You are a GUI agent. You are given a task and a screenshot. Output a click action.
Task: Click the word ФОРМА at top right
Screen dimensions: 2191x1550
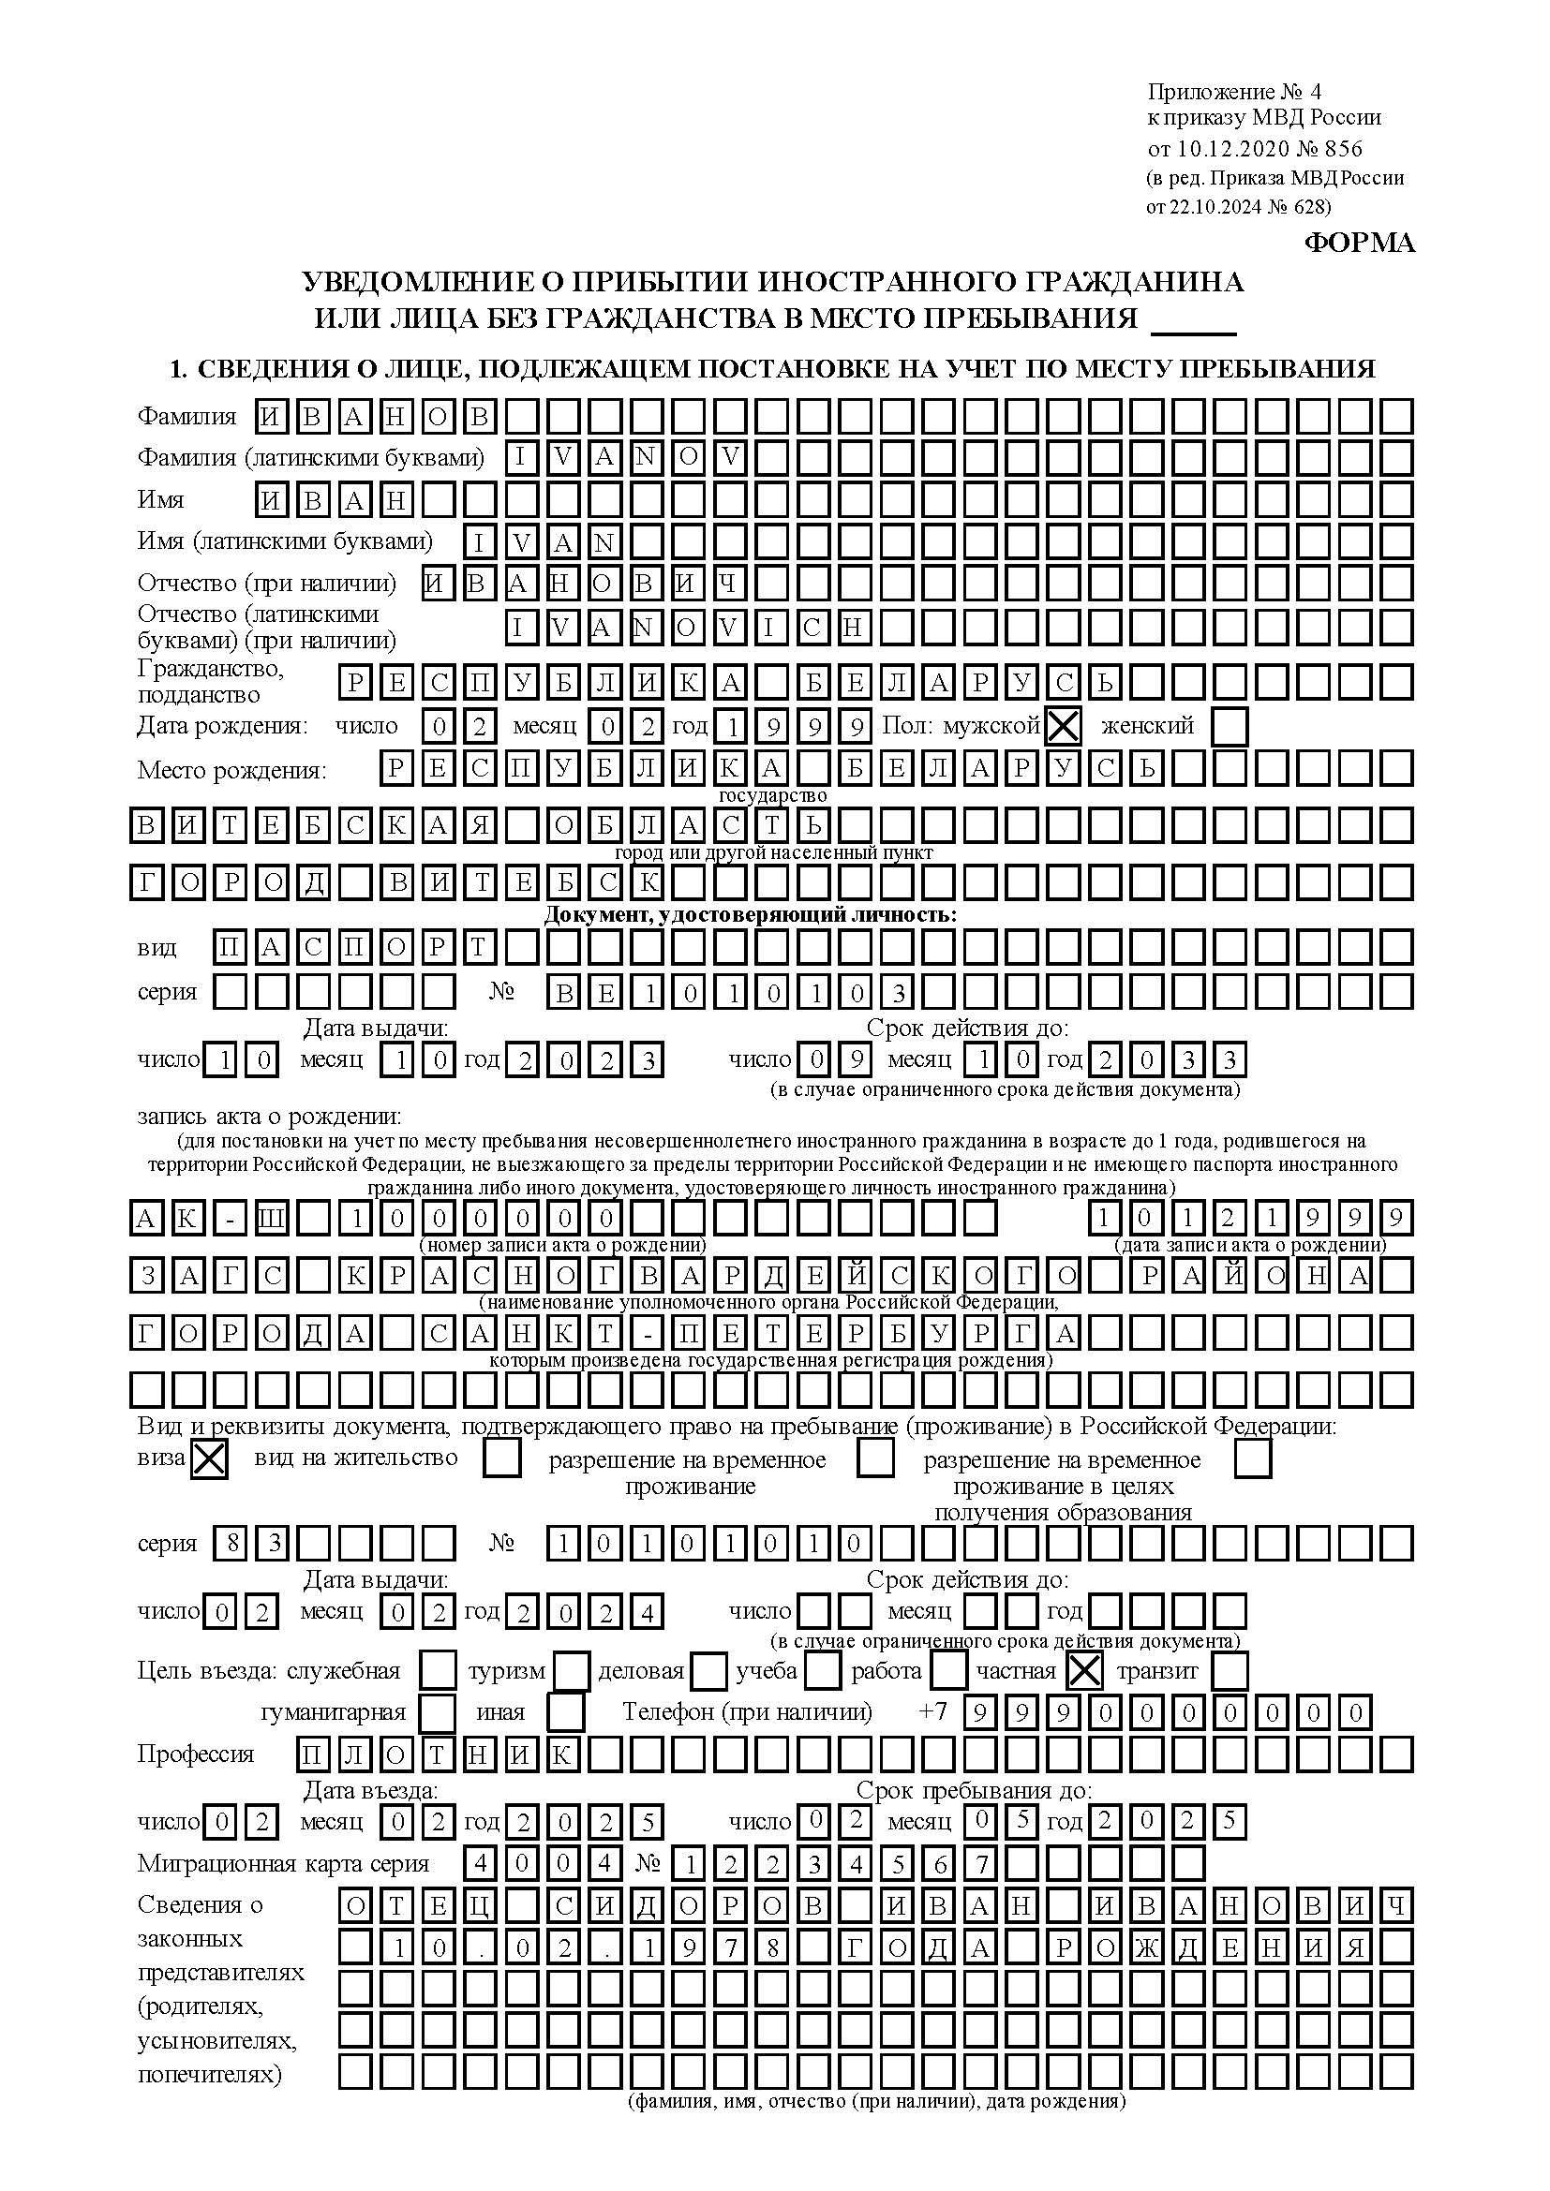[1359, 244]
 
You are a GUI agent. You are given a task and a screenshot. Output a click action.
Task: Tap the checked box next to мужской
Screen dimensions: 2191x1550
[1064, 727]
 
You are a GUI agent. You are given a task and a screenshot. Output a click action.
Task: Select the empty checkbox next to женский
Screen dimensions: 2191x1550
[1230, 727]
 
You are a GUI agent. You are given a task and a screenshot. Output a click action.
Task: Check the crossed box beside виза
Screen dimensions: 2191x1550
[209, 1460]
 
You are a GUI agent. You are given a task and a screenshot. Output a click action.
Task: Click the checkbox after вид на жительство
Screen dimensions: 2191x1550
[502, 1459]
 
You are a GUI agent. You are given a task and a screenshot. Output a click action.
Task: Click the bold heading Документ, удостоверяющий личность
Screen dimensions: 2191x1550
[751, 915]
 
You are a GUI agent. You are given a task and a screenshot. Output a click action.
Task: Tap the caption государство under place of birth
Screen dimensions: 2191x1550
[772, 796]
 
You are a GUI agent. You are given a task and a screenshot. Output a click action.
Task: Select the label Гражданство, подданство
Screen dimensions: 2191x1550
[211, 681]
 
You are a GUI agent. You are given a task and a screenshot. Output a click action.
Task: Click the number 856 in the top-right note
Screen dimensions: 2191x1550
[1344, 149]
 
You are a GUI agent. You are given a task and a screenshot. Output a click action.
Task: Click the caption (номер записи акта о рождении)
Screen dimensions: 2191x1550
[563, 1245]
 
